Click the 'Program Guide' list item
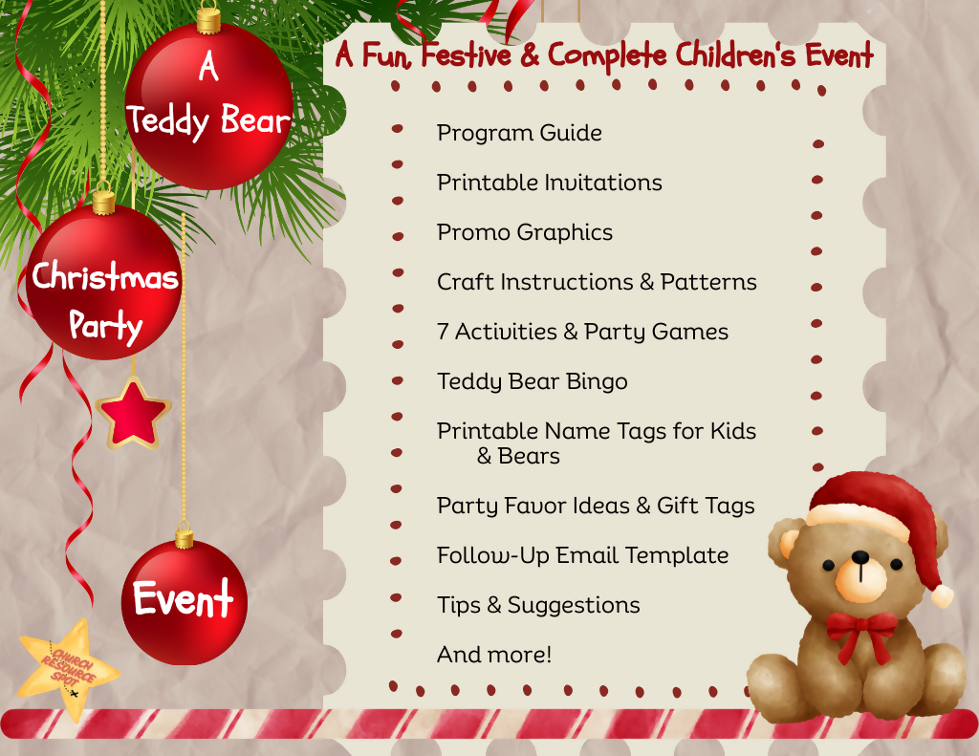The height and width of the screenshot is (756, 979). pos(519,133)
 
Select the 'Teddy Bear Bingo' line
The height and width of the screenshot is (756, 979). pos(532,381)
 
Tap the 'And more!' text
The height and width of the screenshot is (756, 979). pos(493,655)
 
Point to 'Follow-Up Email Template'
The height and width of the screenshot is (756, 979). pos(582,555)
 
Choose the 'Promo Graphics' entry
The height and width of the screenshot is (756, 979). pos(524,232)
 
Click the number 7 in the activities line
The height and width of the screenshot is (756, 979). pos(444,332)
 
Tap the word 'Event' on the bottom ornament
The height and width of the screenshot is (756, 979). pos(183,600)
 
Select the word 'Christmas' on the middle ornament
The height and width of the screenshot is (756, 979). pos(105,278)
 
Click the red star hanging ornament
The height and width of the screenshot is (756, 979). pos(133,412)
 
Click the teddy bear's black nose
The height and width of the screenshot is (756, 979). pos(860,557)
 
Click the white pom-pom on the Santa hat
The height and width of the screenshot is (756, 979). pos(943,595)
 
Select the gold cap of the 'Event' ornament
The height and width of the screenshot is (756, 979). pos(184,537)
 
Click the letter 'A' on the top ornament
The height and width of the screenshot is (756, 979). pos(208,67)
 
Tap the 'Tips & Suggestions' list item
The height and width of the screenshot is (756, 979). pos(537,605)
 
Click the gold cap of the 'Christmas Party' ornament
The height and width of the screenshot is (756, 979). pos(103,203)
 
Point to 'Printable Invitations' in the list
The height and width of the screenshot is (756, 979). pos(549,183)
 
